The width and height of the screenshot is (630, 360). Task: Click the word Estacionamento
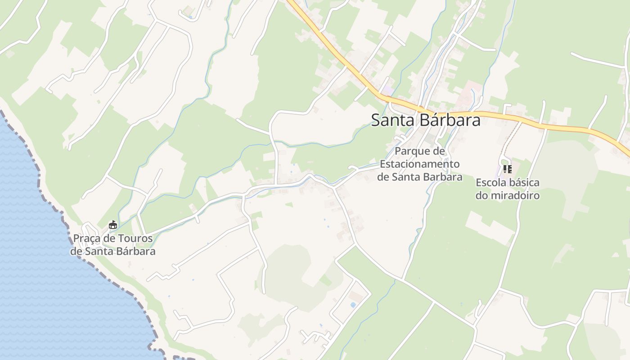click(419, 164)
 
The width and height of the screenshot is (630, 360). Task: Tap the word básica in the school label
click(525, 183)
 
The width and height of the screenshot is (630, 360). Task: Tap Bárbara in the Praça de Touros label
click(134, 251)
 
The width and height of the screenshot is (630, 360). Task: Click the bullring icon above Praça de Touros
click(113, 225)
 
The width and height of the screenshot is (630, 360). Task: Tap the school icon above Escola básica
click(507, 169)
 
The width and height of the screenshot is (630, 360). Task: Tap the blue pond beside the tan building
click(353, 305)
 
